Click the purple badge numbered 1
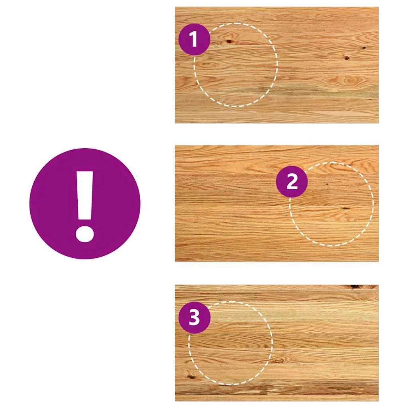[x=194, y=39]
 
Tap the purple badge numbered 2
[x=292, y=181]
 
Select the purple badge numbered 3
[x=194, y=318]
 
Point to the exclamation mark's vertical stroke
[x=85, y=196]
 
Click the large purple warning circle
[x=85, y=204]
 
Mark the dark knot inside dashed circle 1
[x=229, y=41]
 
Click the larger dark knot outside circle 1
[x=346, y=58]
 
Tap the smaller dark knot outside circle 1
[x=364, y=48]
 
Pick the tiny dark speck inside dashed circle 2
[x=327, y=184]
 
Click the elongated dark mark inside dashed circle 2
[x=345, y=208]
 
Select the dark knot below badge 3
[x=191, y=377]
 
